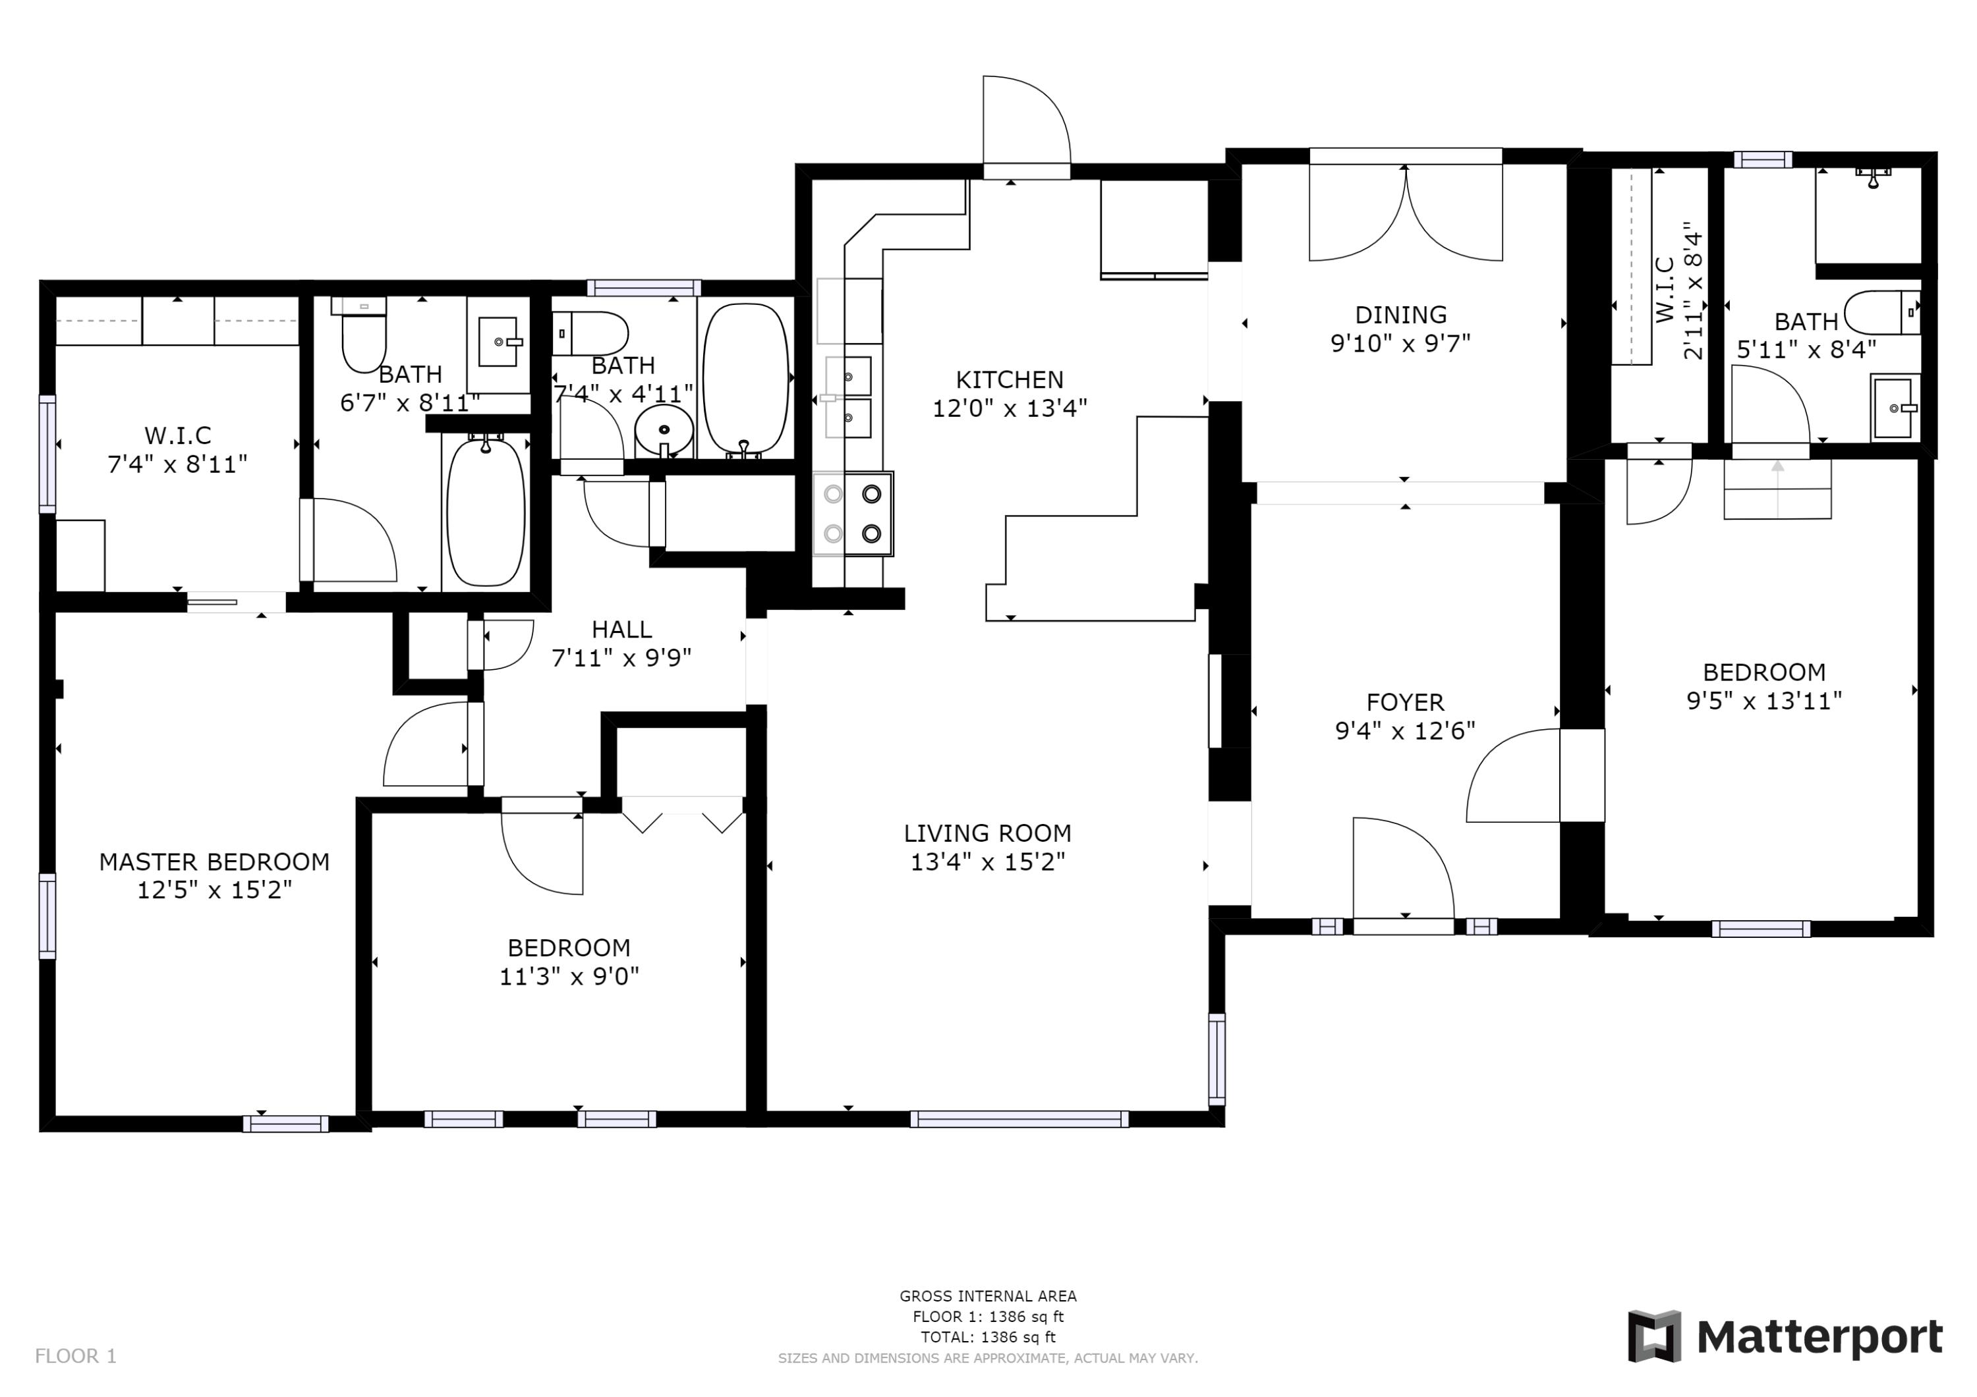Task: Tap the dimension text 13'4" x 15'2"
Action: pyautogui.click(x=988, y=862)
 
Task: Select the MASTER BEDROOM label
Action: pyautogui.click(x=214, y=862)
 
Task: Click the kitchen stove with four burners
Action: pyautogui.click(x=853, y=513)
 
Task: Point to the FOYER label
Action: pyautogui.click(x=1404, y=702)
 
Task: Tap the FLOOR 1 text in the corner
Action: pyautogui.click(x=76, y=1357)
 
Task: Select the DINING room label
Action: pyautogui.click(x=1400, y=315)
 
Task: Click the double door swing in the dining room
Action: pyautogui.click(x=1405, y=215)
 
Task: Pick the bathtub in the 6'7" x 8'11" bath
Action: pyautogui.click(x=486, y=512)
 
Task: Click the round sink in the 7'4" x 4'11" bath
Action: pyautogui.click(x=664, y=427)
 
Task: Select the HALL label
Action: pyautogui.click(x=621, y=629)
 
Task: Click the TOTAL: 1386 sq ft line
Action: pyautogui.click(x=988, y=1337)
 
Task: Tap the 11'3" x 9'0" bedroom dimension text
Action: pyautogui.click(x=569, y=976)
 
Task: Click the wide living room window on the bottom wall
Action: pyautogui.click(x=1019, y=1119)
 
